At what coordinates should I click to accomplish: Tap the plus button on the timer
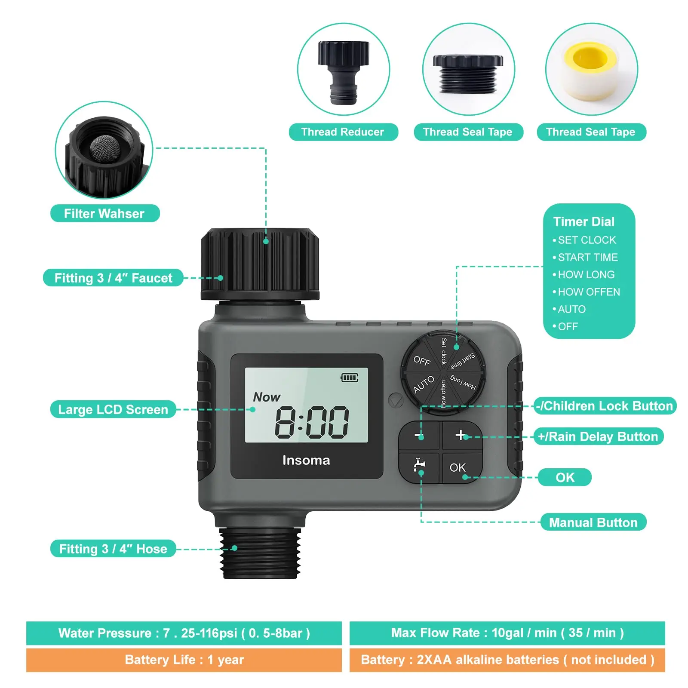point(461,435)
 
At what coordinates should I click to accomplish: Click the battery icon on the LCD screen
point(349,378)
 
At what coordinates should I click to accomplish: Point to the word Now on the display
point(267,397)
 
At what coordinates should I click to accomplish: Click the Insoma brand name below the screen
point(306,460)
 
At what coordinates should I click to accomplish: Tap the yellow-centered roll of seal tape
point(591,69)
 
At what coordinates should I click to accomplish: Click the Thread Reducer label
point(343,132)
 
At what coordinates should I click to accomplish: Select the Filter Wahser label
point(104,214)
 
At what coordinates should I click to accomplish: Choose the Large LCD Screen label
point(113,409)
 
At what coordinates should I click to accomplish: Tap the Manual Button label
point(593,522)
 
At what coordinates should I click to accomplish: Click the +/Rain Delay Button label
point(598,436)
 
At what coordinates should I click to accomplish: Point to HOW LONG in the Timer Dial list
point(586,274)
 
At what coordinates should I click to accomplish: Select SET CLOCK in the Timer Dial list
point(587,240)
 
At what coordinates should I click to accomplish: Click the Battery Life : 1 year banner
point(184,660)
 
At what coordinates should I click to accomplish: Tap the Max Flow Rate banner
point(507,633)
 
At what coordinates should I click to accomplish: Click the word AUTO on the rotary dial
point(424,384)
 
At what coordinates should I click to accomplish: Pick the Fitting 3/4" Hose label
point(113,549)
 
